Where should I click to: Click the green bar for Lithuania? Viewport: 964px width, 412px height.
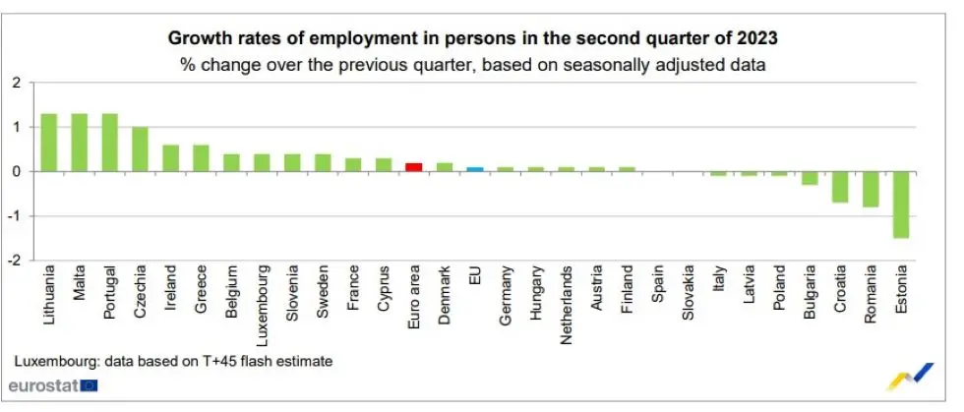(x=48, y=143)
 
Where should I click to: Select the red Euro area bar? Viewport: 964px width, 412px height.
(x=414, y=167)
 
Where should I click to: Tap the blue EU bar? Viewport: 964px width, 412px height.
(x=475, y=169)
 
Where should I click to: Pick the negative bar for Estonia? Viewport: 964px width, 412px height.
(x=901, y=205)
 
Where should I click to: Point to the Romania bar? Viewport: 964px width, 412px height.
(x=871, y=189)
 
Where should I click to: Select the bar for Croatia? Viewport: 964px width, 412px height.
(x=840, y=187)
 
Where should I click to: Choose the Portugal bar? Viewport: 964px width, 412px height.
(x=109, y=143)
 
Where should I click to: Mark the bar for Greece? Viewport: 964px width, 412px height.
(x=201, y=158)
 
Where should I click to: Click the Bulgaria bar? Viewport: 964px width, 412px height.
(x=810, y=178)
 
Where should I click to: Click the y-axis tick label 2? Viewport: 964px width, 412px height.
(x=16, y=83)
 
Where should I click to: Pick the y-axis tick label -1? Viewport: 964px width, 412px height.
(x=14, y=216)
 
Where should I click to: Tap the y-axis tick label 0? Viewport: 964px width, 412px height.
(x=16, y=172)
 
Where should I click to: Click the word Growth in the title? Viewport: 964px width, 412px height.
(x=200, y=39)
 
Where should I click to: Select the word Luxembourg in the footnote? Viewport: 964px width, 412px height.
(x=49, y=362)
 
